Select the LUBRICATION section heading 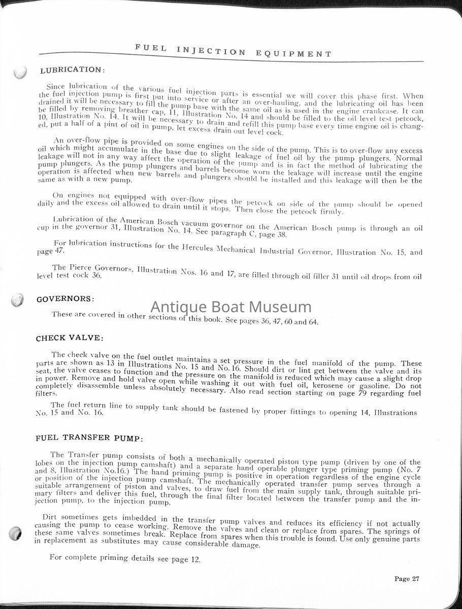(x=72, y=70)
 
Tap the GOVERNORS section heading (x=65, y=299)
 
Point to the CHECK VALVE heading (x=70, y=337)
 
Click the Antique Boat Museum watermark (x=231, y=307)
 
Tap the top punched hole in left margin (x=19, y=73)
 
